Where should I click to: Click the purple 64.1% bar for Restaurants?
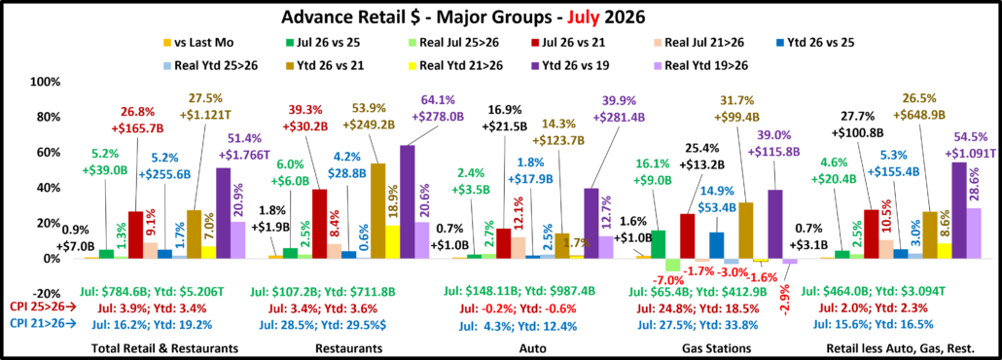407,202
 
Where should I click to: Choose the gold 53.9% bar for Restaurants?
377,210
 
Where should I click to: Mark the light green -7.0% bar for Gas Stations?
671,265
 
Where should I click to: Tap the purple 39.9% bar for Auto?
591,223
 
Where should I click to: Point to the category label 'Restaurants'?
350,348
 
